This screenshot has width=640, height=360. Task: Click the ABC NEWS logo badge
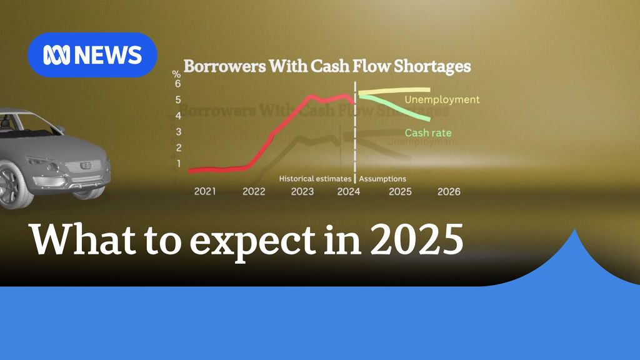click(x=92, y=55)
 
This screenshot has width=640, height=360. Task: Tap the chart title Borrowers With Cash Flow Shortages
click(x=326, y=66)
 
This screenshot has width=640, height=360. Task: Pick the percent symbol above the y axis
click(x=177, y=74)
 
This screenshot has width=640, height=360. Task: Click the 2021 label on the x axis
click(x=205, y=191)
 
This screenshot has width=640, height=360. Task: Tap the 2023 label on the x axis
click(x=302, y=191)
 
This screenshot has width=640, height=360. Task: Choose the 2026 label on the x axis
click(x=449, y=191)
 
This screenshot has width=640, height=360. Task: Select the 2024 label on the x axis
click(x=348, y=191)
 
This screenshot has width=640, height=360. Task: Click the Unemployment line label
click(x=442, y=100)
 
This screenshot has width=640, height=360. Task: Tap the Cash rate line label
click(x=428, y=132)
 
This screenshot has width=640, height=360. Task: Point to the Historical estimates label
click(x=315, y=179)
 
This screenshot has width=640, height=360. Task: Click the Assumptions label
click(x=382, y=179)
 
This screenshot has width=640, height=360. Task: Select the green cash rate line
click(x=400, y=106)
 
